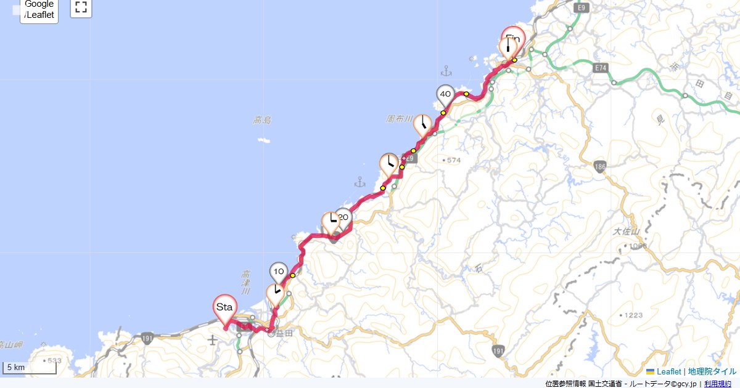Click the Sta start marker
225,307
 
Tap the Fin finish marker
512,39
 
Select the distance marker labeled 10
278,272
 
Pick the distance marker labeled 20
343,217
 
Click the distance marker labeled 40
445,94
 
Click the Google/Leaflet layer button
39,10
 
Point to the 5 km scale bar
30,368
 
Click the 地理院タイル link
712,371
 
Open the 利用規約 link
718,384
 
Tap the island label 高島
262,121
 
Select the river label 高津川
245,281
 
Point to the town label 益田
284,333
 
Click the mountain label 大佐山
627,232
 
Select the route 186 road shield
601,166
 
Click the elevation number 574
454,161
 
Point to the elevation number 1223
633,315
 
